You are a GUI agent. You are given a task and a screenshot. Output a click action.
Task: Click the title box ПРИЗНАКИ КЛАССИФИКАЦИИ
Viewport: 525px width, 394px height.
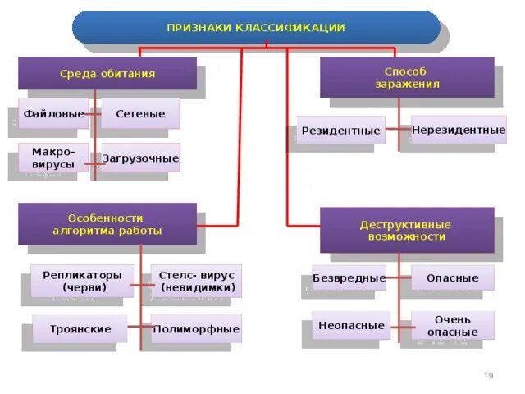point(256,27)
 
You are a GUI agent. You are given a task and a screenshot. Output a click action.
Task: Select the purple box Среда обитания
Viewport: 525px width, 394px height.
point(107,73)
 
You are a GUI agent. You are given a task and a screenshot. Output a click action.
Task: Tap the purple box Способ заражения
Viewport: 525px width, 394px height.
point(407,78)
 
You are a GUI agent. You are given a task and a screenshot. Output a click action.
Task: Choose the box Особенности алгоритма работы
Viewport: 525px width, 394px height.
point(107,224)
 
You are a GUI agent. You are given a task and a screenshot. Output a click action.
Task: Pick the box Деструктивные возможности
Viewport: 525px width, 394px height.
point(407,230)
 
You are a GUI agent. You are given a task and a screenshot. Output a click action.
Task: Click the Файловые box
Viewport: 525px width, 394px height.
point(52,113)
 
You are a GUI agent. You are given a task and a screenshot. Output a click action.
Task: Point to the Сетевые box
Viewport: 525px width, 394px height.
point(140,113)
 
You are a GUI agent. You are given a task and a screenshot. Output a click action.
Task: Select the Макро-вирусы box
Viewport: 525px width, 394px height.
point(53,158)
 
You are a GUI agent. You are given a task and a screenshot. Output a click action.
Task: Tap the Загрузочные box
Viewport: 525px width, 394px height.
point(140,158)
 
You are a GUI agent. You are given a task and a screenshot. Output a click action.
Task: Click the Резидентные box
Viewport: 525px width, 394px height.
point(340,130)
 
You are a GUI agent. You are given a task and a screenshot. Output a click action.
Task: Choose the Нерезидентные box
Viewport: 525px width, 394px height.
point(459,130)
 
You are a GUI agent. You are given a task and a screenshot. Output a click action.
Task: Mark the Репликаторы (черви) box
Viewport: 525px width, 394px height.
point(82,281)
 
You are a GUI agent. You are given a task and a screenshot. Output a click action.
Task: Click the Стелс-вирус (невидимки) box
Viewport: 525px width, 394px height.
point(196,281)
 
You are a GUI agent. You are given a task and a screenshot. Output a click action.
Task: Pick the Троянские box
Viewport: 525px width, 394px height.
point(80,328)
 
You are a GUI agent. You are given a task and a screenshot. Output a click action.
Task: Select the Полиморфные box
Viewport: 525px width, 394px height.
point(196,328)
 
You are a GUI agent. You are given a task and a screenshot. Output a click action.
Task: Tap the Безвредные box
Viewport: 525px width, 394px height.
point(349,277)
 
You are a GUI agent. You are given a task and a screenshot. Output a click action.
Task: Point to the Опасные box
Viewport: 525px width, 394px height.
point(452,277)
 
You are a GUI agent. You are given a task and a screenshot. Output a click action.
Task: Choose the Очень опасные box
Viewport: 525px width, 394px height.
point(452,325)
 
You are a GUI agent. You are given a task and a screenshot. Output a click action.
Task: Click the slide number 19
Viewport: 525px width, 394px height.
point(488,375)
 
